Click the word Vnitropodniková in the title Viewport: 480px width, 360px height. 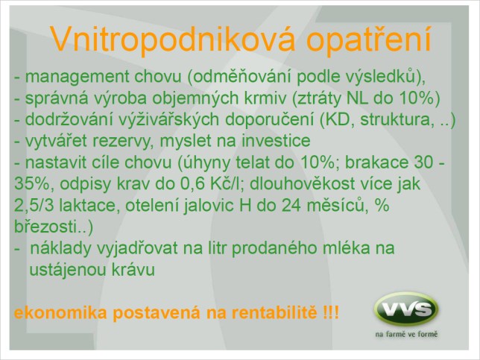pyautogui.click(x=173, y=40)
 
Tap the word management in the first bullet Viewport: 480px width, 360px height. pyautogui.click(x=78, y=78)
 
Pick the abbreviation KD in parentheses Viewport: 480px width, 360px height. pyautogui.click(x=338, y=120)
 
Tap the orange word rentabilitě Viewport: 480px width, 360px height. pyautogui.click(x=274, y=313)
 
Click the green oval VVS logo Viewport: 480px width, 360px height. pyautogui.click(x=406, y=309)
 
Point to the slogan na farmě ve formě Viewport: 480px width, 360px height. pyautogui.click(x=406, y=334)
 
